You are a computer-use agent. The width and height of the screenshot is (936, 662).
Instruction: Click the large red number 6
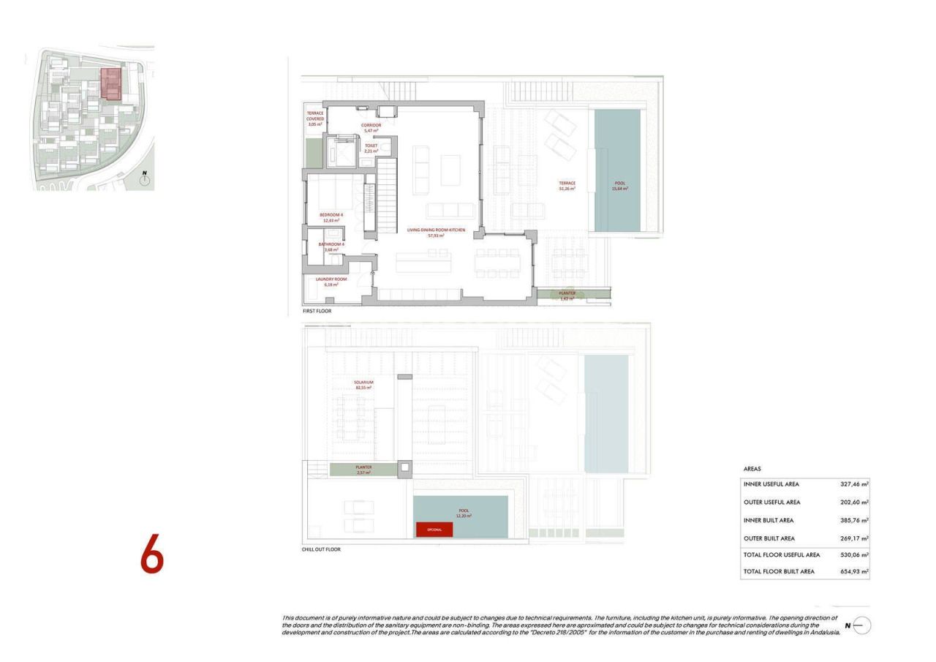152,554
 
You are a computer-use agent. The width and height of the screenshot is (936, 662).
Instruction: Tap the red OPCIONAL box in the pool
434,529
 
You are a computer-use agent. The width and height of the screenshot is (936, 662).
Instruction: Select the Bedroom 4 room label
331,217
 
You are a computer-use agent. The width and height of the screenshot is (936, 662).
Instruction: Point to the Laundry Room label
331,282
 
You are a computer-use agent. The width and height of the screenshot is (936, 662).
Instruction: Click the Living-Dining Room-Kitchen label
437,233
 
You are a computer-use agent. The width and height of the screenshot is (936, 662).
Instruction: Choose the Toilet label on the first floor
371,148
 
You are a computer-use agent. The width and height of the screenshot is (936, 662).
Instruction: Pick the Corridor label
371,127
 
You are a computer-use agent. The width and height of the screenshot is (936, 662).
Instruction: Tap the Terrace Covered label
315,119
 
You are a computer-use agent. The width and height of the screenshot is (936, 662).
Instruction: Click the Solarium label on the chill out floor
363,385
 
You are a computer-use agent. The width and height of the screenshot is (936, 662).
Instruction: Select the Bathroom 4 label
331,247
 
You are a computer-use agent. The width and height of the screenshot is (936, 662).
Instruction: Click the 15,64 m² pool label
619,186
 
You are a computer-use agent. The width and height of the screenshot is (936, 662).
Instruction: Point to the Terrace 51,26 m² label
567,186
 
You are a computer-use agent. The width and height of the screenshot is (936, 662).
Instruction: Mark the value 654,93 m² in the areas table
854,571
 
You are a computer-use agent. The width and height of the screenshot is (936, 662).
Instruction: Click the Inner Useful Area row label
771,484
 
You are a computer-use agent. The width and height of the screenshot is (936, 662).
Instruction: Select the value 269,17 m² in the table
854,538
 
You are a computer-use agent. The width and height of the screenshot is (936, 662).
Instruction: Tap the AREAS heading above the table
752,469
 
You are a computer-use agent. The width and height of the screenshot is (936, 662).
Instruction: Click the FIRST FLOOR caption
317,311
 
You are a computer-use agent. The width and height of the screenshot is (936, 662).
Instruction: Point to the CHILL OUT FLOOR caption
321,549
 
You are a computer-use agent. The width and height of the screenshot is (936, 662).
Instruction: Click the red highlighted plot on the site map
110,83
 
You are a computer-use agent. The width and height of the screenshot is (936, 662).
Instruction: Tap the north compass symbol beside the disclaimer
861,625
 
